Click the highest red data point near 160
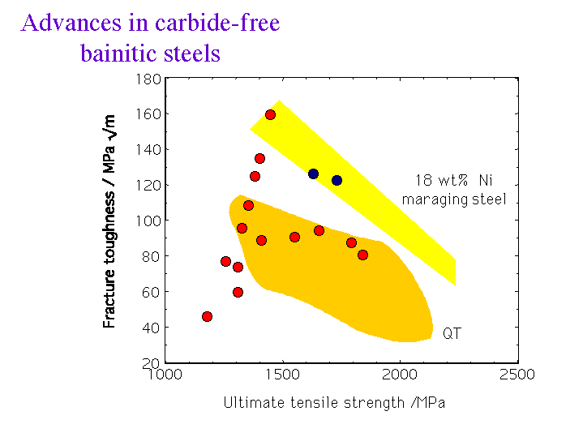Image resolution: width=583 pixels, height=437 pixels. point(270,114)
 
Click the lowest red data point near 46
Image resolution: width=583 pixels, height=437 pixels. point(207,316)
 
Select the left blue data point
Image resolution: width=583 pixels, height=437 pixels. point(313,174)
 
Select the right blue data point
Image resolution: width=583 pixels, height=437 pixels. point(337,180)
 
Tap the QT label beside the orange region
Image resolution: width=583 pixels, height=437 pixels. point(451,333)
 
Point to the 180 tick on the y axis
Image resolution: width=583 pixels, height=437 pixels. point(149,79)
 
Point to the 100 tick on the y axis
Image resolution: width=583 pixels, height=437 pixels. point(149,221)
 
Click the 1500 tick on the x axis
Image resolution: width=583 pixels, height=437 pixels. point(281,375)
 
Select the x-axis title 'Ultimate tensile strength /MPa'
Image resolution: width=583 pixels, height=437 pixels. point(334,402)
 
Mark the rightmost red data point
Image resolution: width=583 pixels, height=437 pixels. point(362,255)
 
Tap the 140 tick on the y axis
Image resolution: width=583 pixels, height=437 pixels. point(149,150)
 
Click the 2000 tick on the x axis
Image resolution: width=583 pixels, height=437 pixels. point(399,375)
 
